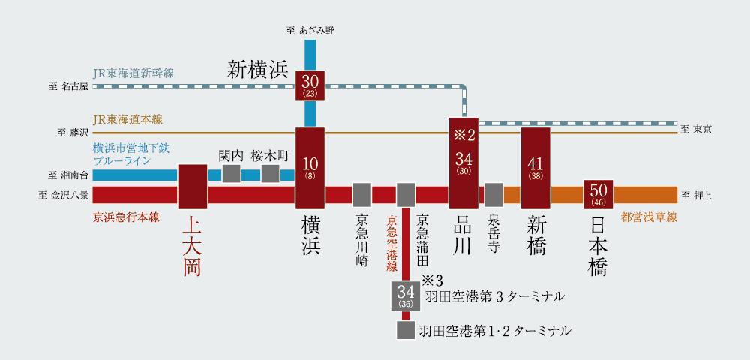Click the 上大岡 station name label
pos(192,246)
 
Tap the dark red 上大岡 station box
pos(193,186)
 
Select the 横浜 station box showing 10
pos(310,168)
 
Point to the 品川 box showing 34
pos(463,163)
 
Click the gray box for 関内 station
pos(231,174)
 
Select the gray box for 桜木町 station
pos(271,174)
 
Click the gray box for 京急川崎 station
pos(362,195)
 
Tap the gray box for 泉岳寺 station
pos(493,195)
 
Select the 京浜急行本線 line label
pos(127,217)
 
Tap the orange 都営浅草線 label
pos(649,217)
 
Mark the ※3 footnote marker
pos(433,280)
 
